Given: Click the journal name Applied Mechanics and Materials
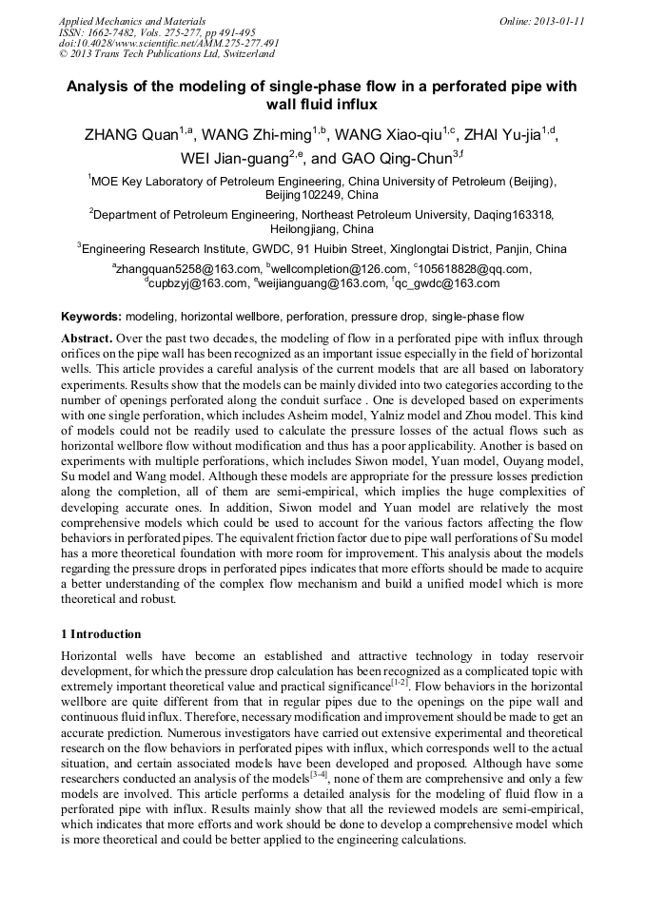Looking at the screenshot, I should click(x=131, y=20).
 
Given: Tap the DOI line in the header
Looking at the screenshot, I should click(x=168, y=43).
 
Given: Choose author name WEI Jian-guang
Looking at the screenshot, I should click(x=233, y=159).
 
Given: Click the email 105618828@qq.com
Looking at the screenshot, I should click(x=473, y=269).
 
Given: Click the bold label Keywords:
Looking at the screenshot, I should click(x=91, y=316).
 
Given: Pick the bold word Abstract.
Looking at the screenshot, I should click(x=87, y=339).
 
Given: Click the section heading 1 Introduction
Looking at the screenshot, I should click(x=101, y=634).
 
